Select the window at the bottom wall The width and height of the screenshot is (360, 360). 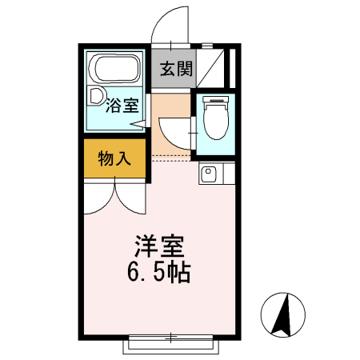pos(170,344)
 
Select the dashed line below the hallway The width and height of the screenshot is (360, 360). pos(172,154)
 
